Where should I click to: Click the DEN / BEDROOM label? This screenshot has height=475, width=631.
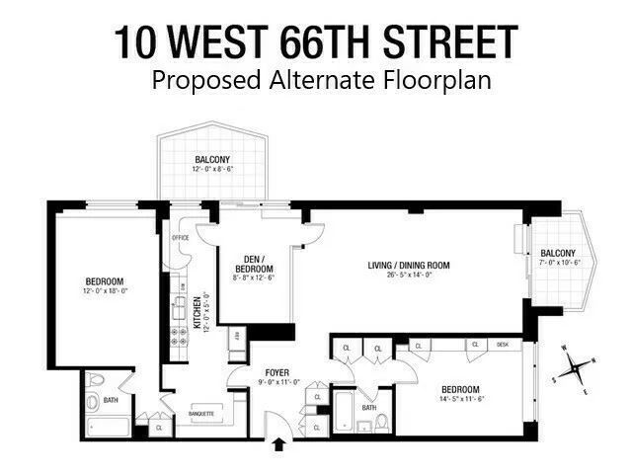[x=253, y=265]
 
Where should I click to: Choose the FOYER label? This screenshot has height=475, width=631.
[x=277, y=372]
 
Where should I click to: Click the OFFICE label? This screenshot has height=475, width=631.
[x=180, y=238]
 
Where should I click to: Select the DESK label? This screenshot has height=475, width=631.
[x=503, y=345]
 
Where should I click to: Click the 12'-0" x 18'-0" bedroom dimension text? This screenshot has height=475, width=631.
[x=105, y=291]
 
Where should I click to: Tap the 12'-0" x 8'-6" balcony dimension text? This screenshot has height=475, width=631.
[x=212, y=169]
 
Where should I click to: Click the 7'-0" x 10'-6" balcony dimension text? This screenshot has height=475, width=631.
[x=559, y=263]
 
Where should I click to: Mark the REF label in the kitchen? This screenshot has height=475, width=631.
[x=235, y=338]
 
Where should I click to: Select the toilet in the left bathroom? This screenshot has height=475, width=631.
[x=95, y=381]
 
